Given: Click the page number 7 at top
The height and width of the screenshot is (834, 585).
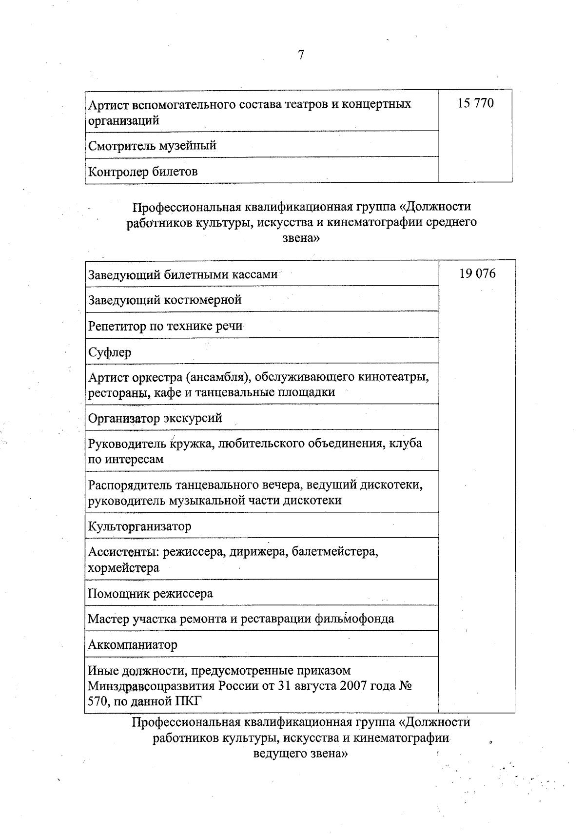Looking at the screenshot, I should [301, 55].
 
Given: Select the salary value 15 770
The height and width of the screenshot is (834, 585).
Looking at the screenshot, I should [475, 103].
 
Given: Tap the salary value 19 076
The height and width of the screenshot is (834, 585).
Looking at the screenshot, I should [477, 273].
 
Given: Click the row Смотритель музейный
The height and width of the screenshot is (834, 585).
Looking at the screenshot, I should [152, 145].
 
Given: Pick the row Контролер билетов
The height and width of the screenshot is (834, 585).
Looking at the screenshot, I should [143, 172].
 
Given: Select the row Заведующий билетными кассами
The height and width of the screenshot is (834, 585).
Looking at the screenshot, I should [183, 274].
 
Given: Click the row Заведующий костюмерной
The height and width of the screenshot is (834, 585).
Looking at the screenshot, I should [165, 300].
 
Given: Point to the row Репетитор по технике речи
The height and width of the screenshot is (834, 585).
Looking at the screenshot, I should [165, 326].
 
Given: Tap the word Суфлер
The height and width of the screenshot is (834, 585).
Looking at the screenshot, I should [110, 352].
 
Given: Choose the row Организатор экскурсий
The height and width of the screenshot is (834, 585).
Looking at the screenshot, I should [155, 418].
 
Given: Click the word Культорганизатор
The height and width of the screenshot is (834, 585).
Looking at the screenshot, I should [139, 526].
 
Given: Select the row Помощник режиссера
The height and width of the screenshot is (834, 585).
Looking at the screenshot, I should [150, 594].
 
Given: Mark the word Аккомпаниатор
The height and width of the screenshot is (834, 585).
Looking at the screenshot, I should [133, 645].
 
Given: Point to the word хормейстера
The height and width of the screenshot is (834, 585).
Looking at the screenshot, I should [123, 568].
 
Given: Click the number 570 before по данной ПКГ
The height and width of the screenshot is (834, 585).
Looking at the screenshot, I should [98, 702].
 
